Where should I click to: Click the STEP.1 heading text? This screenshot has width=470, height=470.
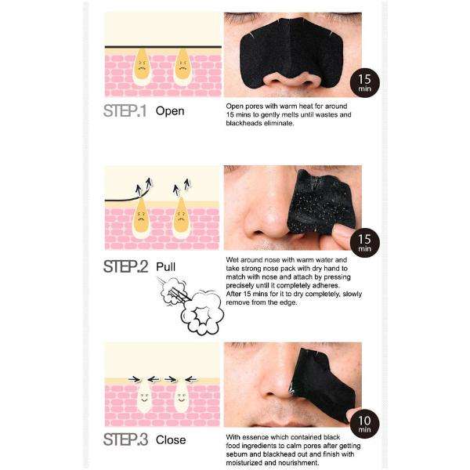click(125, 110)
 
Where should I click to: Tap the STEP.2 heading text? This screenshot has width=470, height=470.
click(125, 266)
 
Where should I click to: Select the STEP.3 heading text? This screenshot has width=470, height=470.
click(125, 439)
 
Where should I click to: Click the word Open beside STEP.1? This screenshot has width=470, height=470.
click(170, 110)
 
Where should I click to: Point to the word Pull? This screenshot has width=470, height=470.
click(166, 266)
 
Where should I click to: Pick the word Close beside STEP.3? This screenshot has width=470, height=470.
click(172, 439)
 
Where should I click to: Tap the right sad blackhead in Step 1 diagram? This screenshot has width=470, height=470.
click(182, 65)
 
